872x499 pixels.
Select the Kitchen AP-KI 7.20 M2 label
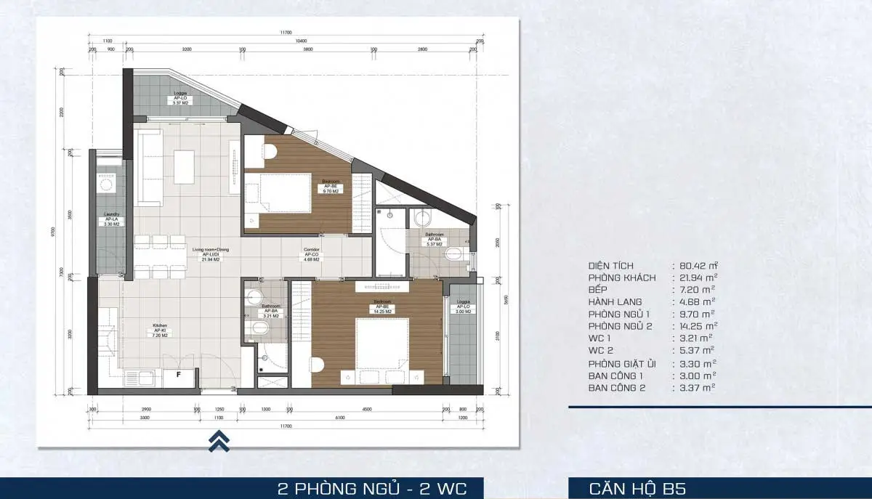pos(161,330)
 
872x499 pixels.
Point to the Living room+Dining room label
pos(211,253)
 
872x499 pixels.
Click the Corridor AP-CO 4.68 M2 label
pos(312,253)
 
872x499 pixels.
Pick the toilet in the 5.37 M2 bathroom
pos(454,253)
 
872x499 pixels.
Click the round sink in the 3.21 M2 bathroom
pos(254,296)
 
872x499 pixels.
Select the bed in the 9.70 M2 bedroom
pos(283,192)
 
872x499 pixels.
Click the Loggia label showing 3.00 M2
pos(463,306)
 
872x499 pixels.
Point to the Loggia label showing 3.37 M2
pos(181,99)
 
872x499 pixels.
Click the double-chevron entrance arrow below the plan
pos(219,441)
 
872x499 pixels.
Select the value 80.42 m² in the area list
pos(695,266)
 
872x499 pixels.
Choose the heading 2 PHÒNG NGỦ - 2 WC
pos(371,487)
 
